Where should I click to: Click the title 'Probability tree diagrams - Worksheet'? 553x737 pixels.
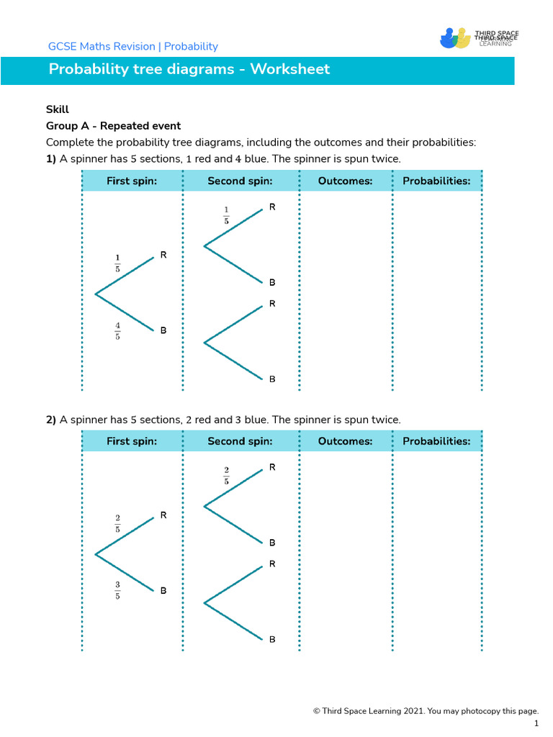[x=189, y=69]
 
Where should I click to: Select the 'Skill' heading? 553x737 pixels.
[x=58, y=109]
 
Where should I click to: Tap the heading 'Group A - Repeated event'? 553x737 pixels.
[x=113, y=126]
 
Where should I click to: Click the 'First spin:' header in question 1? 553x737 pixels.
[x=132, y=181]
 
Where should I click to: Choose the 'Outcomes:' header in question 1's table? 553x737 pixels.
[x=345, y=181]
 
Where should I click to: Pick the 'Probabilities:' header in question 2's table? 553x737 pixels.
[x=436, y=441]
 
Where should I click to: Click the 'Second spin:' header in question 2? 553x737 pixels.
[x=240, y=441]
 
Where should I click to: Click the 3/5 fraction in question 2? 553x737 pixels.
[x=117, y=591]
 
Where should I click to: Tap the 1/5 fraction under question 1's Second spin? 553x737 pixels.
[x=226, y=215]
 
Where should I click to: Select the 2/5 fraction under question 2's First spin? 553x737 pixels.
[x=117, y=523]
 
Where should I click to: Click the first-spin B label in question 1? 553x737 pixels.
[x=163, y=330]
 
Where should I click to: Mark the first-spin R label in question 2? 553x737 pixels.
[x=163, y=515]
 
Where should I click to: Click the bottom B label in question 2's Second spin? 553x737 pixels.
[x=272, y=639]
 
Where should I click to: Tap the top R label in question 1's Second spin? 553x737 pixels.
[x=272, y=207]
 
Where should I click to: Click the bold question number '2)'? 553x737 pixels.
[x=51, y=420]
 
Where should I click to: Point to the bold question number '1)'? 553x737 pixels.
[x=51, y=159]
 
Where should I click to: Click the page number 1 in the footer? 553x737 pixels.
[x=536, y=723]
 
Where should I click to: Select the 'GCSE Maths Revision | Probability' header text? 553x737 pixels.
[x=132, y=47]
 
